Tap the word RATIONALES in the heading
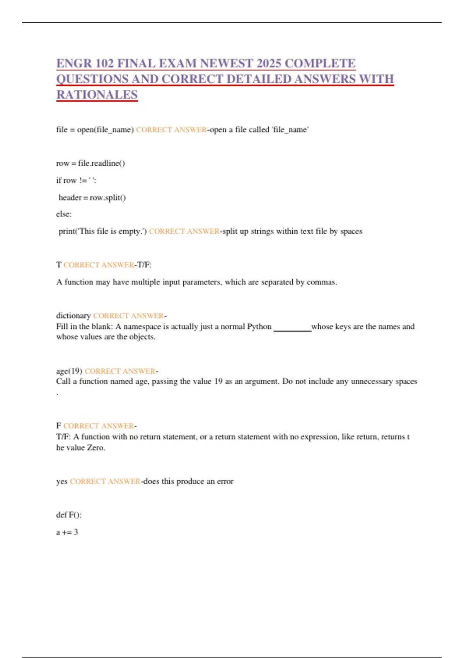click(x=97, y=94)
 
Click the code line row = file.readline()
click(x=90, y=163)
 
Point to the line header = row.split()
click(x=92, y=197)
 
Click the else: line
click(x=64, y=214)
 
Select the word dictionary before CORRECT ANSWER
click(x=73, y=315)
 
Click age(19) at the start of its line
click(x=69, y=371)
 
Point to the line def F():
click(x=69, y=515)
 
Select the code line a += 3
click(x=67, y=532)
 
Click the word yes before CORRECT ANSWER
click(x=62, y=481)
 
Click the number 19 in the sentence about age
click(x=218, y=381)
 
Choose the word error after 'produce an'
click(x=225, y=481)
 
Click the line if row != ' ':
click(x=76, y=180)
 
